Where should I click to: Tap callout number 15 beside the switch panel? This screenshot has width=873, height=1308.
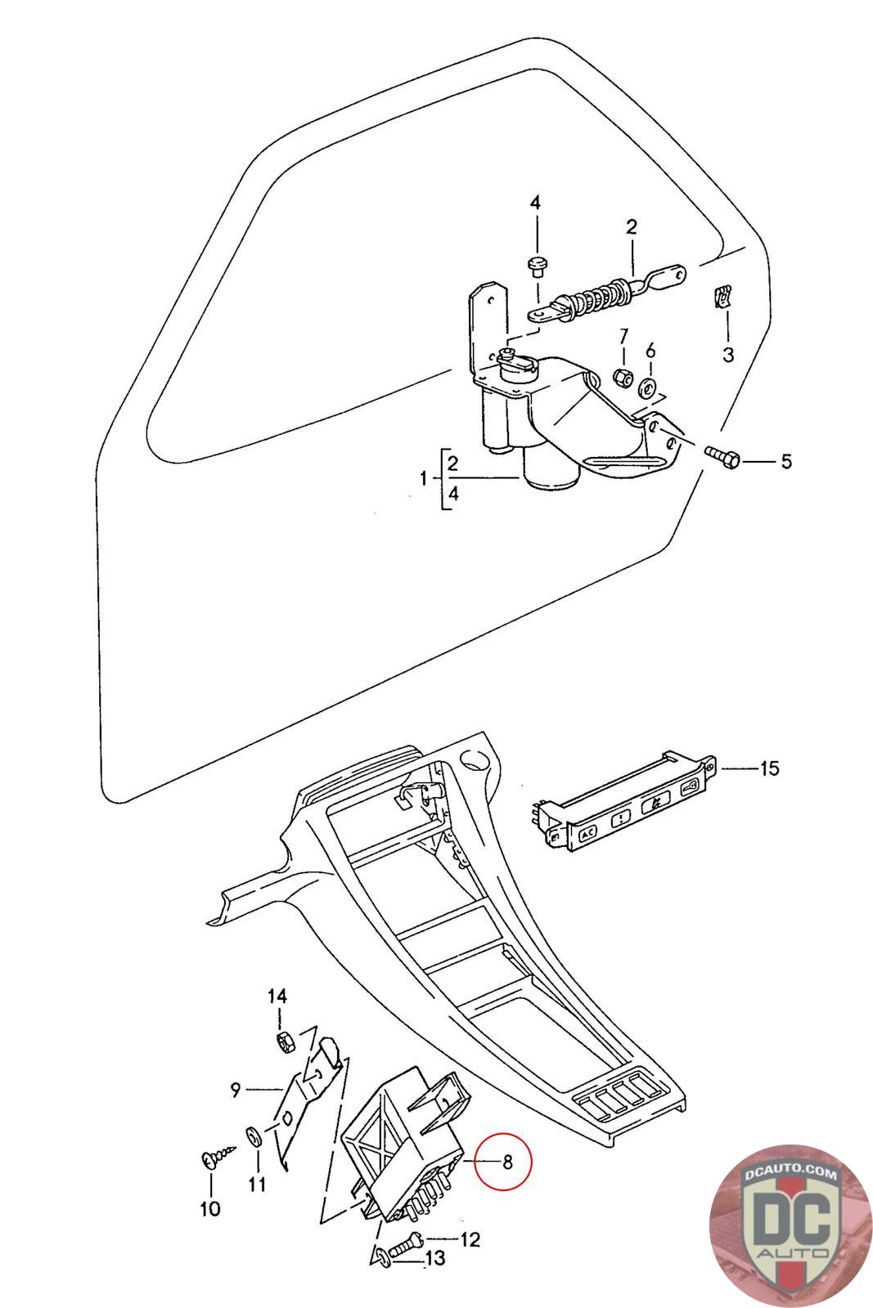point(769,768)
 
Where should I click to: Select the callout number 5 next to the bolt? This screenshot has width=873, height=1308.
point(786,462)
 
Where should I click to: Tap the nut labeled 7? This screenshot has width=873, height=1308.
point(621,377)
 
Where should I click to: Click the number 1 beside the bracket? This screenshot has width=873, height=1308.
point(424,478)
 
